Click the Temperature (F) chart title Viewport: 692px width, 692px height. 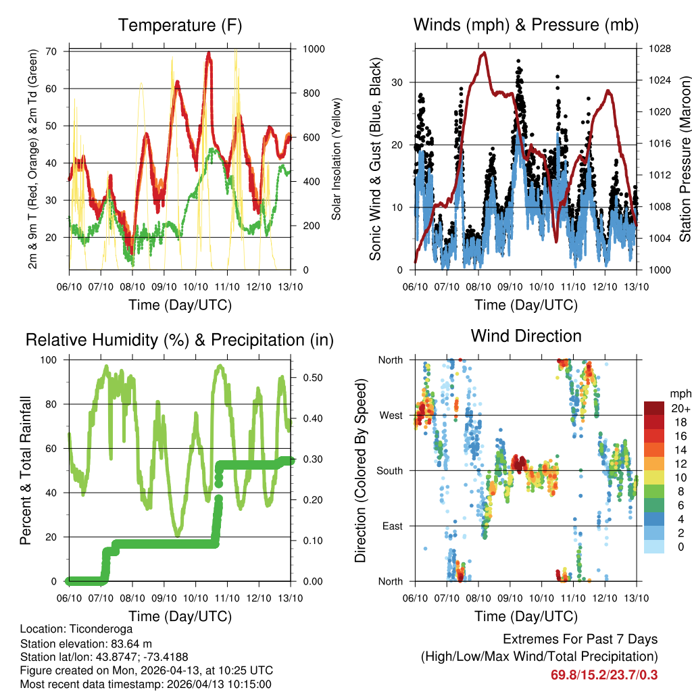coord(180,26)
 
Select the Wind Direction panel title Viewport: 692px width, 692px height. coord(526,336)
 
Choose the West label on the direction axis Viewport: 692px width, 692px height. coord(390,415)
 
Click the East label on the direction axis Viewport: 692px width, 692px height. coord(392,526)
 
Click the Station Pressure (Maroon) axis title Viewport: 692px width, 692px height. coord(685,159)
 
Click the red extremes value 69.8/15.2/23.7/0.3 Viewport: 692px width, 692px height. coord(605,675)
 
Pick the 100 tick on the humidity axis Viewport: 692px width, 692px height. coord(51,360)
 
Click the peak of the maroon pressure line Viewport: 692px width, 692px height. coord(483,53)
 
